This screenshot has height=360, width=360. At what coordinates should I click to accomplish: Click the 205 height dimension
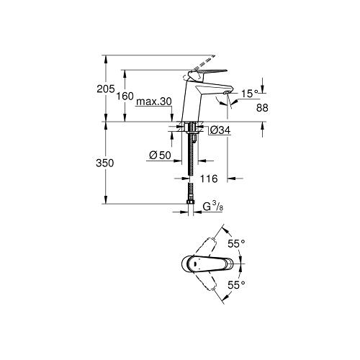[106, 89]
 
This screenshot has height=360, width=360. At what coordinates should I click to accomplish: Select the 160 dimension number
[125, 96]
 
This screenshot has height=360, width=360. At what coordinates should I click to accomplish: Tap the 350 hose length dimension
[105, 163]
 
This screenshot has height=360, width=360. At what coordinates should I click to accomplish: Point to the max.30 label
[154, 102]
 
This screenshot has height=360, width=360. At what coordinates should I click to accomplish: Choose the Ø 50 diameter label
[160, 156]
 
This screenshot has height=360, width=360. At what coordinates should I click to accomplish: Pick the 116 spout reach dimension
[209, 179]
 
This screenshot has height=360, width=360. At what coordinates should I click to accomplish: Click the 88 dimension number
[262, 108]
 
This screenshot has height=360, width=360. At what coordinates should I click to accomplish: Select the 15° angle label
[250, 94]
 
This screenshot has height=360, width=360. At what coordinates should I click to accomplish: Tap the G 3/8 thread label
[213, 207]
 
